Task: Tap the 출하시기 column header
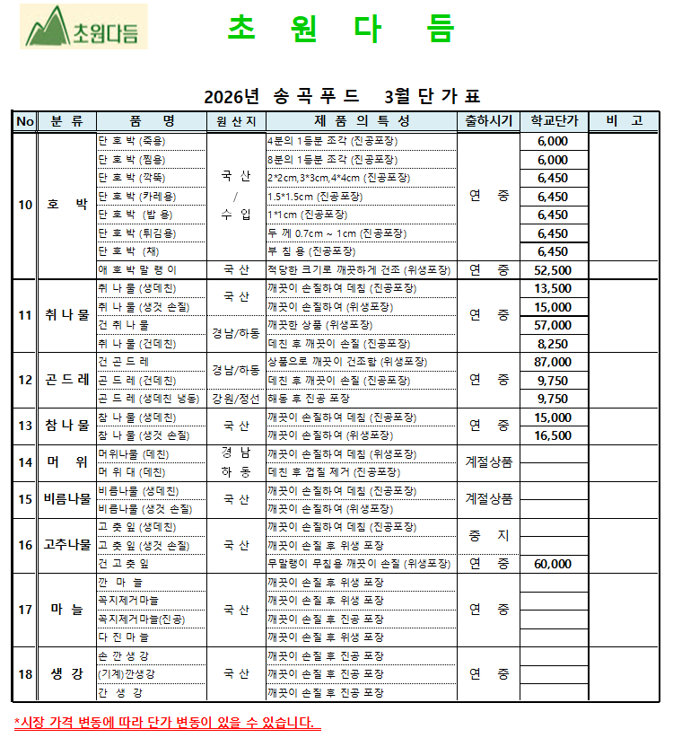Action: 488,121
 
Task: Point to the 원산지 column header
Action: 236,121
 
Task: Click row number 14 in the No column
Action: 25,462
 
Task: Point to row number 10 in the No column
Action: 25,205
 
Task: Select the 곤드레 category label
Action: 67,380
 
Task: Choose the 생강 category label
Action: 67,673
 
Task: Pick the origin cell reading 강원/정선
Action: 236,399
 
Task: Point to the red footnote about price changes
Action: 167,722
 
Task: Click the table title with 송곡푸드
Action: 342,96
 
